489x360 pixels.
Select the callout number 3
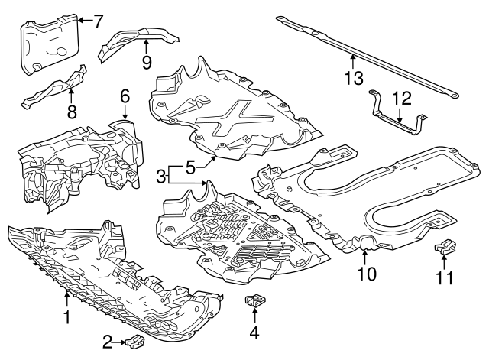(x=160, y=177)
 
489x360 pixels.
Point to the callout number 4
(x=254, y=332)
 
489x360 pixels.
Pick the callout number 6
(x=125, y=96)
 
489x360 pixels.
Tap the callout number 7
(x=97, y=20)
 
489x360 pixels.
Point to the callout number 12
(x=401, y=98)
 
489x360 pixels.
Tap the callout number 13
(x=352, y=77)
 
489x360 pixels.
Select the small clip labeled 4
(x=254, y=303)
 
